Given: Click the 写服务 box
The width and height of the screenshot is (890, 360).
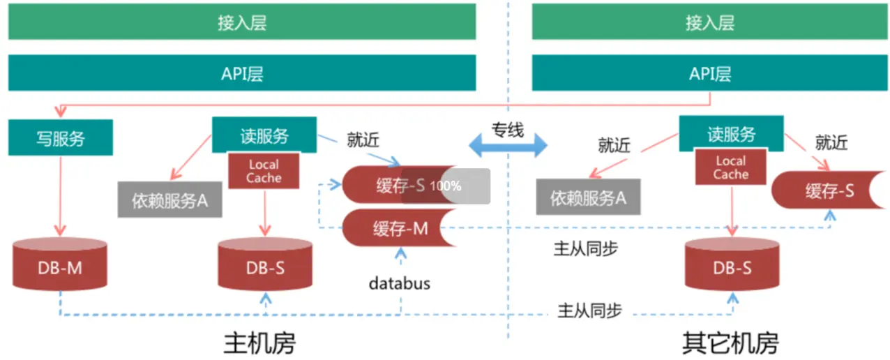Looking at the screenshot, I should tap(60, 137).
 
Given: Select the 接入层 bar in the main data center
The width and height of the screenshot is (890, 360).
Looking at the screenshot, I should tap(241, 23).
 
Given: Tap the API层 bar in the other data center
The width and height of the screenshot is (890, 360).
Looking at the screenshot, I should tap(709, 74).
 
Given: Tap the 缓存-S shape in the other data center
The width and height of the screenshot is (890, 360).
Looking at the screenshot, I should tap(826, 190).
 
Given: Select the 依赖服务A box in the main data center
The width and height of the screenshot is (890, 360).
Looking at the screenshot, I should tap(170, 200).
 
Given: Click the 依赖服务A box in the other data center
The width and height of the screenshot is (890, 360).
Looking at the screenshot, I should tap(588, 197).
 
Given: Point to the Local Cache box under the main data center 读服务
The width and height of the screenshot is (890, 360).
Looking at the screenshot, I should tap(264, 171).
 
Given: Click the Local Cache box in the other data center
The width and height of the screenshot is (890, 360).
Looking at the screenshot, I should tap(730, 168).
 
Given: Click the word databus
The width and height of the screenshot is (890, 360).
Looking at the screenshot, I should tap(400, 283).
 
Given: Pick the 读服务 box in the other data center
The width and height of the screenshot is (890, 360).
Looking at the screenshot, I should tap(731, 134).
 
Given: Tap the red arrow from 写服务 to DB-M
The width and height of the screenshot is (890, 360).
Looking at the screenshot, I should tap(60, 195).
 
